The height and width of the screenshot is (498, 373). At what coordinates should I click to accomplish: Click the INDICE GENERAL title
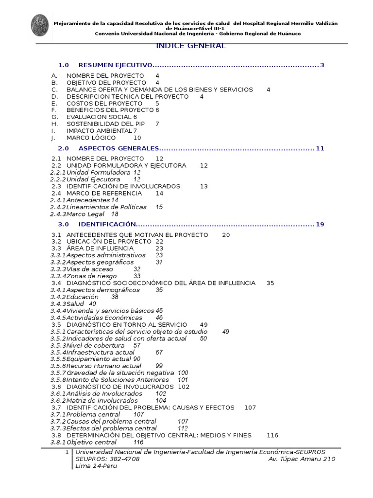[x=191, y=46]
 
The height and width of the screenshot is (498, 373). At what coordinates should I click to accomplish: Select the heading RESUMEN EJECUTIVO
[x=115, y=65]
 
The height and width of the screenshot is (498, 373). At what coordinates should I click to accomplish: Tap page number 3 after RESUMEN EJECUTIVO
[x=322, y=65]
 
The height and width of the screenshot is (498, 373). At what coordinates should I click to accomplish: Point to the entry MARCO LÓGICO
[x=91, y=138]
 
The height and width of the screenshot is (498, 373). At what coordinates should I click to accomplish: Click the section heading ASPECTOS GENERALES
[x=119, y=148]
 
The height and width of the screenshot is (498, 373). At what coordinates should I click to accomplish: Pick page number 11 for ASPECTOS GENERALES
[x=320, y=148]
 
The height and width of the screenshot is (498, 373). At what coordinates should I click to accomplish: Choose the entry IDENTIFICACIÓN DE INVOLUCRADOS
[x=123, y=186]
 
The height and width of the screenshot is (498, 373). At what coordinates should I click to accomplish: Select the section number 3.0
[x=64, y=225]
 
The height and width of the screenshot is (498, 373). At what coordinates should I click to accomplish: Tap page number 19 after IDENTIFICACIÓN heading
[x=320, y=225]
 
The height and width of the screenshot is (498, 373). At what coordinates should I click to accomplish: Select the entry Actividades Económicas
[x=104, y=318]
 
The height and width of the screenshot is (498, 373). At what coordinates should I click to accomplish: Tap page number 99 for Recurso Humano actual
[x=159, y=366]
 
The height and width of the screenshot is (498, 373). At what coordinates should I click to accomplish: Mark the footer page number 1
[x=67, y=452]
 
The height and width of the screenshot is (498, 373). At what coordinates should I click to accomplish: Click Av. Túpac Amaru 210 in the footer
[x=301, y=459]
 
